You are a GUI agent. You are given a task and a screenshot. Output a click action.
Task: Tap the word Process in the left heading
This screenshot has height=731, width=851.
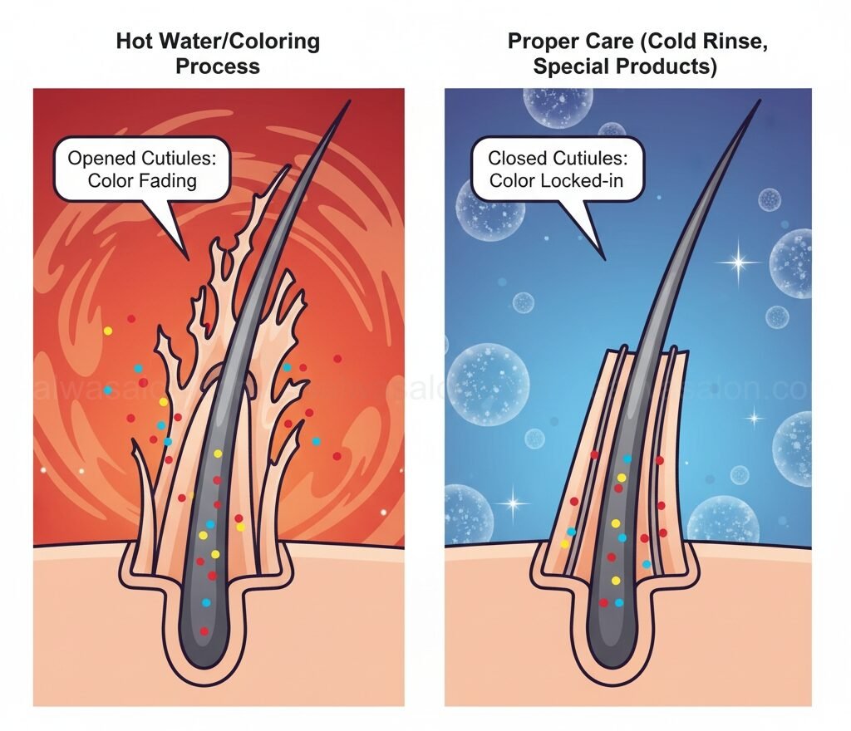pos(217,66)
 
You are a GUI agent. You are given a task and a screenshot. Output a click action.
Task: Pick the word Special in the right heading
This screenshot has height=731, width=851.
pos(570,66)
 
